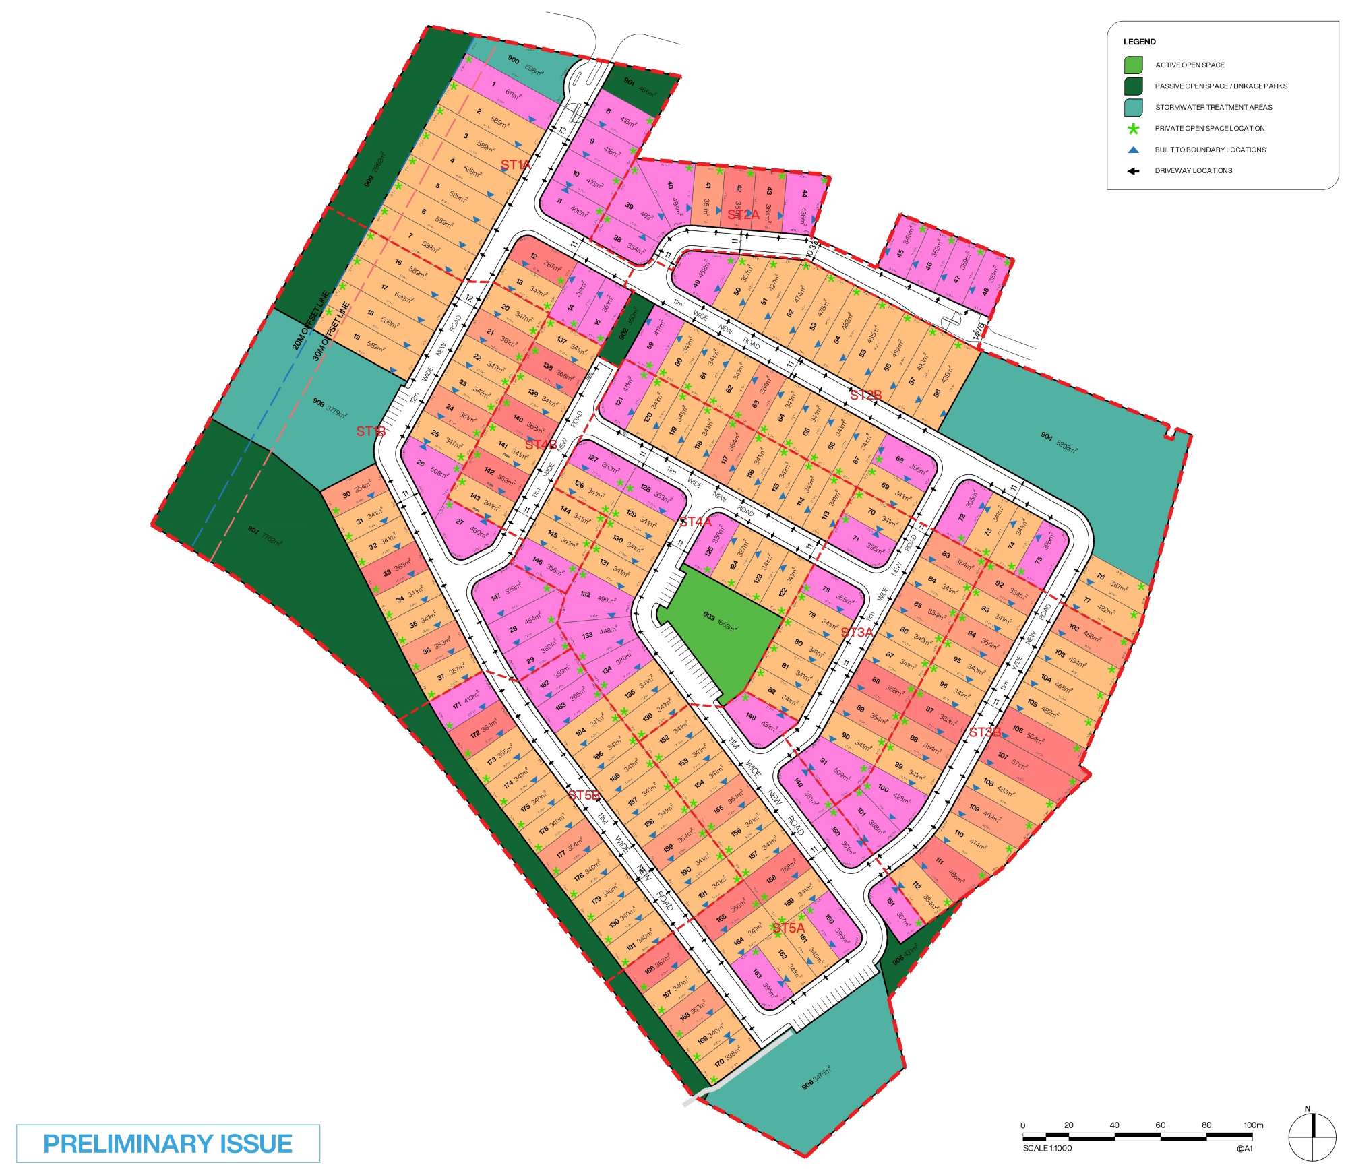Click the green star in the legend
(1134, 129)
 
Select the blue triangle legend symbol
(1134, 150)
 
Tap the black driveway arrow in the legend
(1134, 171)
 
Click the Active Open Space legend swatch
(1134, 65)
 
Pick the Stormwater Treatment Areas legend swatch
(1134, 107)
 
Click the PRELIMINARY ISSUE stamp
(168, 1143)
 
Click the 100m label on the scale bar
(1254, 1125)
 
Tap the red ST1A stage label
(516, 164)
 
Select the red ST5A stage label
(789, 928)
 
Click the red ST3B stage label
(985, 732)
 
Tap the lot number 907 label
(253, 531)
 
